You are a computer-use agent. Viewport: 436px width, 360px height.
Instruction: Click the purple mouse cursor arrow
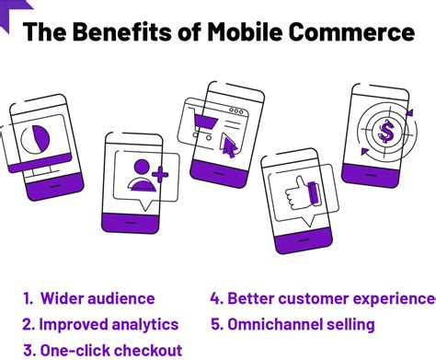[x=229, y=145]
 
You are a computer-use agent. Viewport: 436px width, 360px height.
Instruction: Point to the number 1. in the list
[x=29, y=298]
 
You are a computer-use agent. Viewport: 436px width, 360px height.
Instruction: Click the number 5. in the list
[x=214, y=324]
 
